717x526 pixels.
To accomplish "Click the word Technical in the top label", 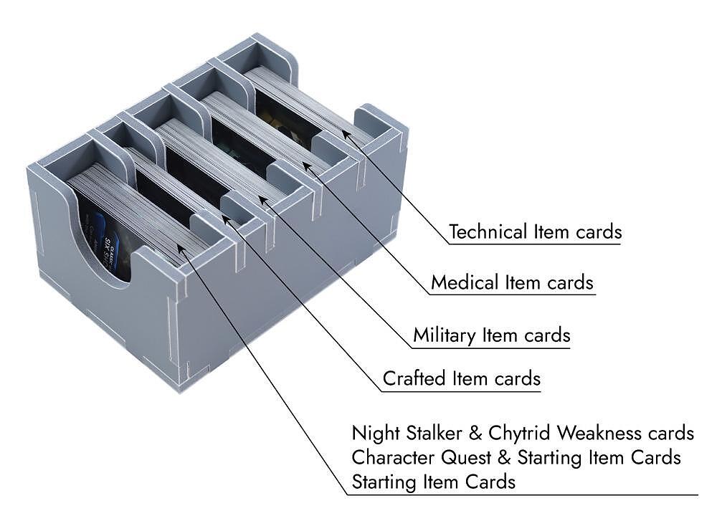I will click(488, 232).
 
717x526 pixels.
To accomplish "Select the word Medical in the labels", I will click(464, 282).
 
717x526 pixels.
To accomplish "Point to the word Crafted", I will click(410, 378).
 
